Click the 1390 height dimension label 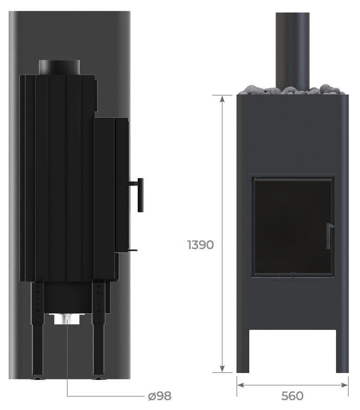(x=200, y=245)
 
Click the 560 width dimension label (x=292, y=396)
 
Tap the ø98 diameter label (x=160, y=396)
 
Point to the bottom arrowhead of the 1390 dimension (x=222, y=368)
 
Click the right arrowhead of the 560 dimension (x=345, y=385)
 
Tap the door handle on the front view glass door (x=329, y=236)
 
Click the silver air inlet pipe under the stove (x=67, y=319)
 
